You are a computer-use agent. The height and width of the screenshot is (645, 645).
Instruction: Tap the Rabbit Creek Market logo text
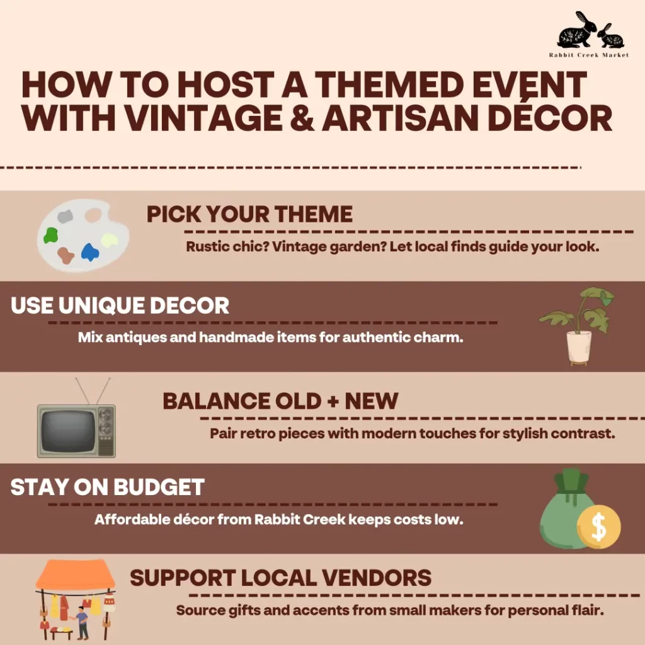pyautogui.click(x=589, y=55)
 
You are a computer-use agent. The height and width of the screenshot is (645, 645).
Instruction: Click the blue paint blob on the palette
pyautogui.click(x=89, y=252)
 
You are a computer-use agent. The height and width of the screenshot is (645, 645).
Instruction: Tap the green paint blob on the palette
pyautogui.click(x=50, y=236)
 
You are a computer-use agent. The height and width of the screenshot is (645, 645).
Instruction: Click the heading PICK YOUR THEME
pyautogui.click(x=249, y=214)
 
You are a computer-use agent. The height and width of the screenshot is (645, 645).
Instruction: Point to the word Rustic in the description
pyautogui.click(x=207, y=247)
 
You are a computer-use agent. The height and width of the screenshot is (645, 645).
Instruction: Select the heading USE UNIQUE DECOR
pyautogui.click(x=120, y=305)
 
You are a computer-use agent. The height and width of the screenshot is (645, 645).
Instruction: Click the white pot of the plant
pyautogui.click(x=579, y=346)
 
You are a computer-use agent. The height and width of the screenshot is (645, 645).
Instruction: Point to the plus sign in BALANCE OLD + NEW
pyautogui.click(x=333, y=401)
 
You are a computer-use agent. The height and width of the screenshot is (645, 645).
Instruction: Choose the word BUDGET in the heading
pyautogui.click(x=159, y=487)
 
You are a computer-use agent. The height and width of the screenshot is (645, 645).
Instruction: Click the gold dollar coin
pyautogui.click(x=598, y=527)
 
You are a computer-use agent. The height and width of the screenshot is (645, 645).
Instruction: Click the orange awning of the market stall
pyautogui.click(x=76, y=575)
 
